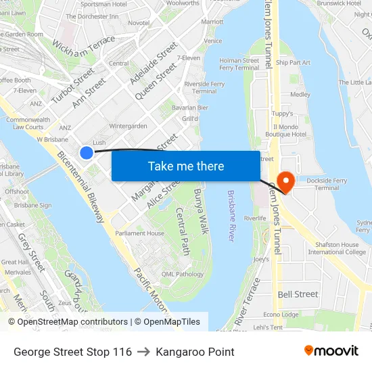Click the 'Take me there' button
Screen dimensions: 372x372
[185, 166]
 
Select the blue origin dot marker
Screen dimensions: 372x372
[87, 153]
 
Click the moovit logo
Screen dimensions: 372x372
[331, 351]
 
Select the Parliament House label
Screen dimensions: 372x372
[139, 233]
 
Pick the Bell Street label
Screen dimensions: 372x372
[298, 294]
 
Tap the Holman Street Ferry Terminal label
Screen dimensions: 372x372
[239, 64]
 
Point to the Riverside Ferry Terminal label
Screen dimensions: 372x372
[204, 87]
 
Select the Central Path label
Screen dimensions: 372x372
[183, 230]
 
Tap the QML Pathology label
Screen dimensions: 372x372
[182, 274]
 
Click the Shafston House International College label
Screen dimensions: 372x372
[337, 248]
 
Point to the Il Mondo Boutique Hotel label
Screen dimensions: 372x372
[289, 131]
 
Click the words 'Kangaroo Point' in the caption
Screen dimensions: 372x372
[195, 352]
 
